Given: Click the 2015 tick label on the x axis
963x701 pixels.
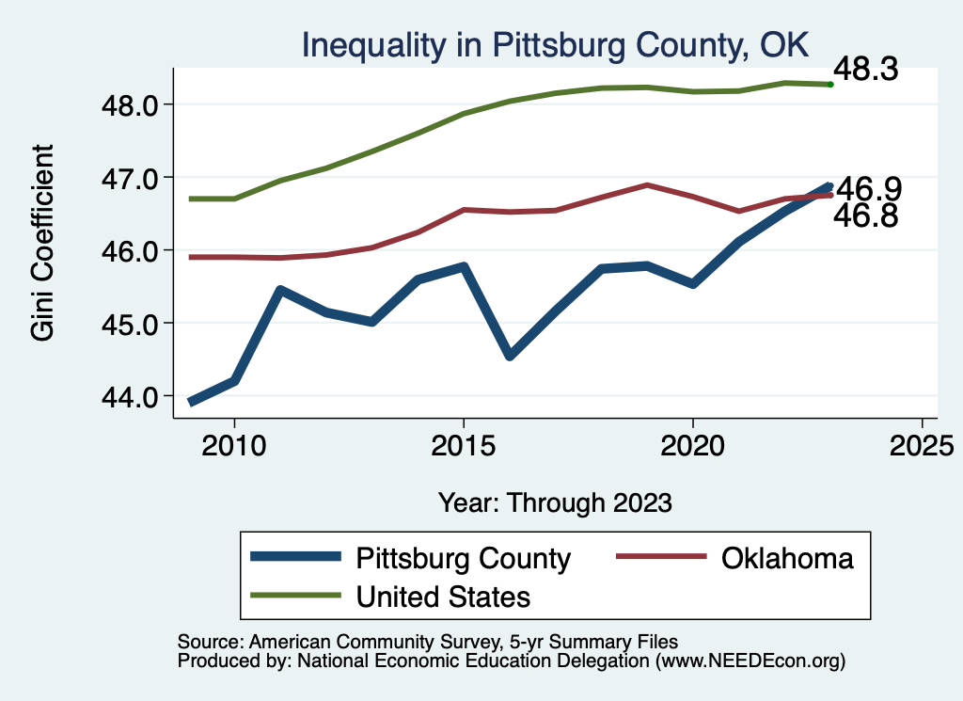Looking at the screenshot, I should (x=463, y=444).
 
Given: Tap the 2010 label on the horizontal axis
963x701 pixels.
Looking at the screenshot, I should (x=234, y=444).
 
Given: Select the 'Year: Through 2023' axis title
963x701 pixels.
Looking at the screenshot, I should (x=555, y=502).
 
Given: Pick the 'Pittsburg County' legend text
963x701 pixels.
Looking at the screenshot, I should (x=463, y=558).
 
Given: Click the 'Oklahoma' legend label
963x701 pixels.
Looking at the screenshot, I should (x=787, y=558).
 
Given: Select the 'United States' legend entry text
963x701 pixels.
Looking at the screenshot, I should (x=443, y=596).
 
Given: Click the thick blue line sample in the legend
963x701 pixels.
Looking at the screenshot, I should (x=296, y=558).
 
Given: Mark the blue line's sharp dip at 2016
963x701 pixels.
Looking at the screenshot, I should (x=509, y=356).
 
